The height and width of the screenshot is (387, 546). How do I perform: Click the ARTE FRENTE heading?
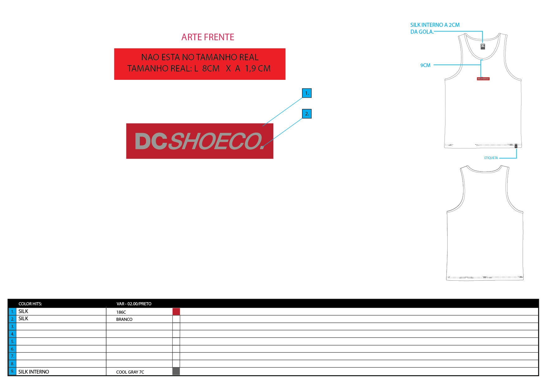tap(208, 37)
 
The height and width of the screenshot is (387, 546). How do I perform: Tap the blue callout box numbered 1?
tap(307, 93)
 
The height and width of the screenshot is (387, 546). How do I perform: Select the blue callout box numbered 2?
tap(307, 114)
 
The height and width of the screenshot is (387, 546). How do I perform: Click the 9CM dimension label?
tap(425, 65)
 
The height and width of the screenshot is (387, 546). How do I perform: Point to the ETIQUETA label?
tap(491, 158)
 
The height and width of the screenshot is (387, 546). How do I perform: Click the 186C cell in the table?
tap(121, 312)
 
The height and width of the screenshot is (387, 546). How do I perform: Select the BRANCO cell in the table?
tap(124, 319)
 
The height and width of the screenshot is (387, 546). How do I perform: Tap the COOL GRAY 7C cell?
tap(130, 372)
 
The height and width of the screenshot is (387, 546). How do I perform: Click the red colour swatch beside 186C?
tap(176, 312)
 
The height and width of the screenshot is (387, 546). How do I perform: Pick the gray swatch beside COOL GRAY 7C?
tap(176, 371)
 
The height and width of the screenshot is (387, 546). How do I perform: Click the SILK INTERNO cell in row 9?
tap(34, 372)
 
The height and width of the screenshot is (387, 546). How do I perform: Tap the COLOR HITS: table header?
tap(30, 304)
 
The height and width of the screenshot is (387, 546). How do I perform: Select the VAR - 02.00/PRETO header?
tap(134, 304)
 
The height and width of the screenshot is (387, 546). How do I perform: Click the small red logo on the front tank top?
tap(483, 79)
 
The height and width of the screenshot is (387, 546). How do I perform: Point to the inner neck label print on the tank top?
tap(483, 46)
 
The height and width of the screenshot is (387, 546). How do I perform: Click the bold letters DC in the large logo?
tap(151, 141)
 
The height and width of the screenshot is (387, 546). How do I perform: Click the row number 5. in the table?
tap(12, 341)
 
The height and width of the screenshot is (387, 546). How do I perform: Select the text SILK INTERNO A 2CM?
tap(435, 25)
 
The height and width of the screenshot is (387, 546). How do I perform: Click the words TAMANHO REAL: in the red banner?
tap(159, 69)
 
